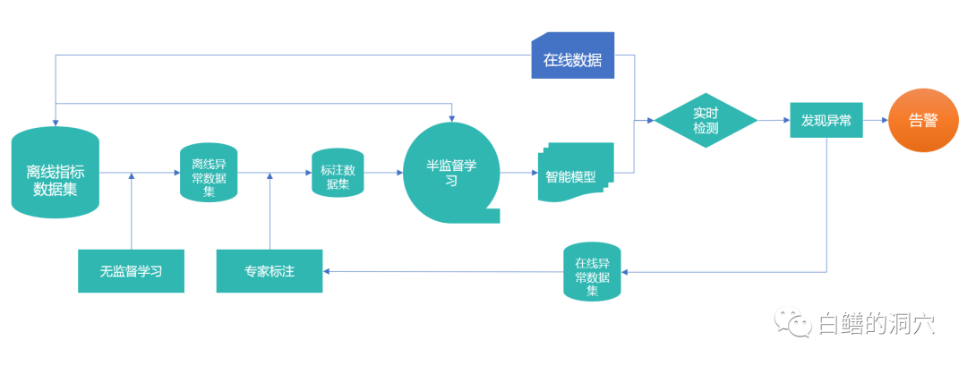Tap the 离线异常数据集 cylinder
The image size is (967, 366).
pos(209,173)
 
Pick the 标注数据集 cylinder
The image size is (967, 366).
pos(337,174)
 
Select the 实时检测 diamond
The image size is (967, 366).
pos(706,121)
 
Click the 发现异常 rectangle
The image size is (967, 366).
pos(826,120)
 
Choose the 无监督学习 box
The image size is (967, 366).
pos(131,270)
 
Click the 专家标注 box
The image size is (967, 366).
pos(270,270)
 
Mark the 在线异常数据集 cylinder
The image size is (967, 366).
pos(592,272)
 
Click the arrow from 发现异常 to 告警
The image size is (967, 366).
pos(875,120)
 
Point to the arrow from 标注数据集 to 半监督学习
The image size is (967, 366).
pos(383,173)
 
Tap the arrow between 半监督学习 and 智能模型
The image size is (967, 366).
pos(518,172)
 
